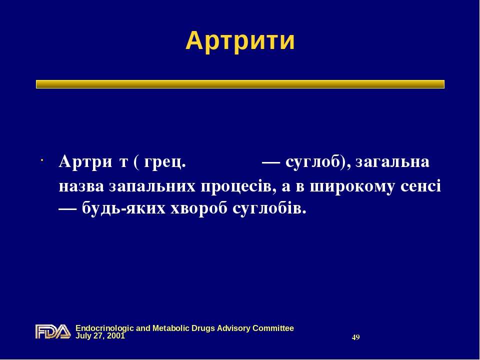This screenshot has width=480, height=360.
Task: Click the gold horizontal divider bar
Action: (x=240, y=84)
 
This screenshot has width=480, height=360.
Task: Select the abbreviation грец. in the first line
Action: (x=164, y=162)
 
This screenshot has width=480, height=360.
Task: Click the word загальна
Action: (x=392, y=161)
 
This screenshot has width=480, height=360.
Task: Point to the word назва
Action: (x=81, y=186)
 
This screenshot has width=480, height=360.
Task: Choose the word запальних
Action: (x=152, y=186)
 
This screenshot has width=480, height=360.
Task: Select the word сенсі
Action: (x=420, y=186)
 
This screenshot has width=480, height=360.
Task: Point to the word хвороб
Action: (x=198, y=209)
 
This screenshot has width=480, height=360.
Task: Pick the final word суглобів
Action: (x=269, y=209)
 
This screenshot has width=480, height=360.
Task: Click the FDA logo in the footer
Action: (x=53, y=331)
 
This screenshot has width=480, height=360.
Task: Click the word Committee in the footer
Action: (x=273, y=328)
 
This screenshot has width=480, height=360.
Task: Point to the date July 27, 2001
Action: (x=100, y=336)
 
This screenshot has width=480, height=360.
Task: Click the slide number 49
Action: (x=355, y=337)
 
